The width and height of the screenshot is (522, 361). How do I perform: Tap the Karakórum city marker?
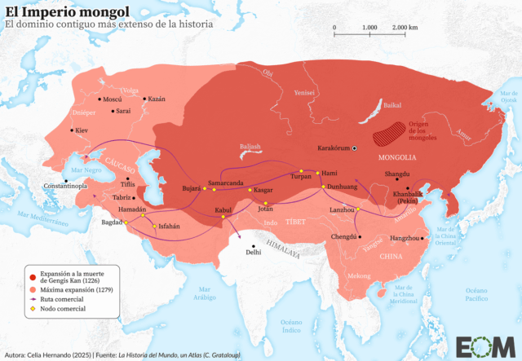pyautogui.click(x=355, y=147)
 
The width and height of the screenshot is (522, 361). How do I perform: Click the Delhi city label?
pyautogui.click(x=255, y=252)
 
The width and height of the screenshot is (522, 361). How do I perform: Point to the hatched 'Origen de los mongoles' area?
pyautogui.click(x=388, y=129)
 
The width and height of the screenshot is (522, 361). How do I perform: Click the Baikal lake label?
pyautogui.click(x=392, y=105)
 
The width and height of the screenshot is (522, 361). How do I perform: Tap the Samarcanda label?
pyautogui.click(x=225, y=183)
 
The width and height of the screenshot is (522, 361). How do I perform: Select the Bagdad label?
pyautogui.click(x=112, y=222)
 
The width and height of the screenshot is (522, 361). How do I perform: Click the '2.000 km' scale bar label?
pyautogui.click(x=404, y=28)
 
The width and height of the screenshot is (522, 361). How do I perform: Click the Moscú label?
pyautogui.click(x=111, y=99)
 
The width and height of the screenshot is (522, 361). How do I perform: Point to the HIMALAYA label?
pyautogui.click(x=282, y=242)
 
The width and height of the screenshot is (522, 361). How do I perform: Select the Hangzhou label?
pyautogui.click(x=402, y=238)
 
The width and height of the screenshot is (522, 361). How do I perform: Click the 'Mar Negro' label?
pyautogui.click(x=86, y=170)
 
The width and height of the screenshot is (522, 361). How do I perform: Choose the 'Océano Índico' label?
pyautogui.click(x=290, y=328)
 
